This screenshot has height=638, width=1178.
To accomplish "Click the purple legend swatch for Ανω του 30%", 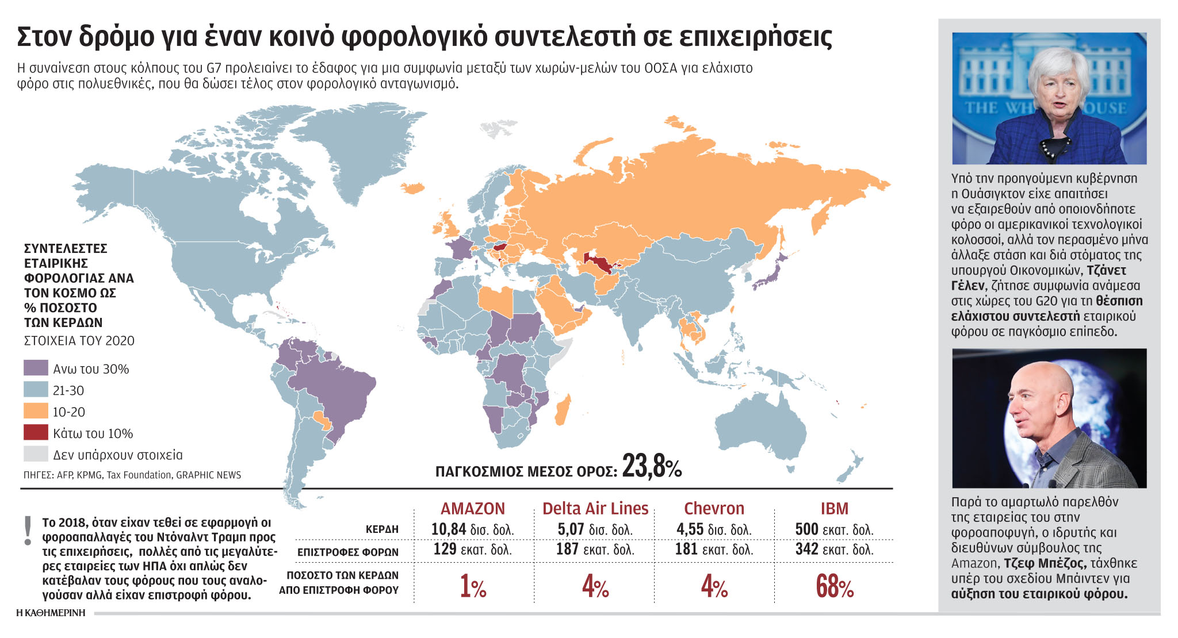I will coord(36,368).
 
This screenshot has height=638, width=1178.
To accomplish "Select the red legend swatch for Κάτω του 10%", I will coord(36,433).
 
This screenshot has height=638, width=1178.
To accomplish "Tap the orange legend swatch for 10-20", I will coord(36,412).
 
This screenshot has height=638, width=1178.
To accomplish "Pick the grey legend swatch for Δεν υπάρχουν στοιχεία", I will coord(36,454).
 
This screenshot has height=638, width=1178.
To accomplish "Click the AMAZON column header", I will coord(473,509).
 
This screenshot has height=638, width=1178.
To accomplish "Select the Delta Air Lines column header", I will coord(595,509).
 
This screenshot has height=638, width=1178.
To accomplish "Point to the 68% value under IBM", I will coord(834,586).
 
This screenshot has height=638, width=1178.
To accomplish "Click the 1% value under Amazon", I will coord(473,586).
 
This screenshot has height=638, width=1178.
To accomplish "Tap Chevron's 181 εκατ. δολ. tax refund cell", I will coord(714,549).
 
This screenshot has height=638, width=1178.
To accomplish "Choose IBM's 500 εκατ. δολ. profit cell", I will coord(834,529).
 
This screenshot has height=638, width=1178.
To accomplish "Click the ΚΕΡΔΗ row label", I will coord(382,529).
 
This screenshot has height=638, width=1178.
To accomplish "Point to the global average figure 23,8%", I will coord(652,467).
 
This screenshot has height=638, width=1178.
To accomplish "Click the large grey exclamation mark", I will coord(27,531).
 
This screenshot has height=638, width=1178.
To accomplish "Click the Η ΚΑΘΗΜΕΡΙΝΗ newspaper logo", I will coord(51,613).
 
